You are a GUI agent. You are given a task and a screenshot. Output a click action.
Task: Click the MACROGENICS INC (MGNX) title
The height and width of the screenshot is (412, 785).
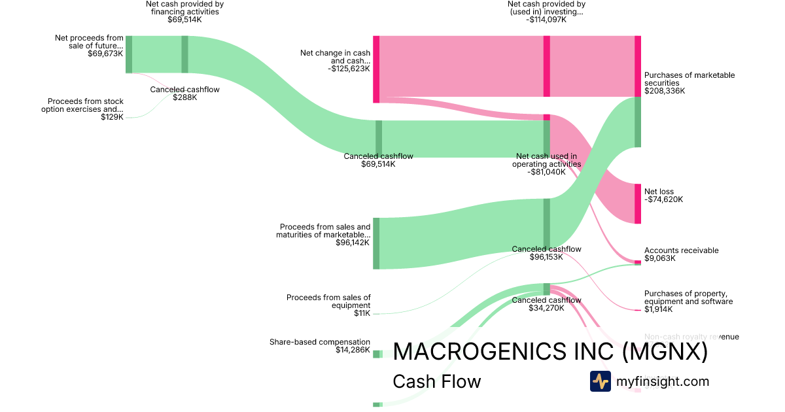coord(550,352)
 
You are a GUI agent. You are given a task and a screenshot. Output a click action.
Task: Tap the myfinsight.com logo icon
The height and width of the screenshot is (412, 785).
coord(600,381)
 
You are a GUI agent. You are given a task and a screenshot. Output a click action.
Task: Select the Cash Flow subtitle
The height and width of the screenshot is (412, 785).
coord(436,381)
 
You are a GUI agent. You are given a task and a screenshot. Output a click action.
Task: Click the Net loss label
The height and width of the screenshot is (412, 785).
coord(659,192)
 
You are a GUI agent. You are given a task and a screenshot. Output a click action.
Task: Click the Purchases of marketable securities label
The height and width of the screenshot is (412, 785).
coord(689,79)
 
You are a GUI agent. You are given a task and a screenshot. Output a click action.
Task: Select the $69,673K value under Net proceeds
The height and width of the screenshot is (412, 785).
coord(105,54)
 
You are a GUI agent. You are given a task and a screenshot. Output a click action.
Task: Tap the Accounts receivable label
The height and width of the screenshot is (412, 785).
coord(681,250)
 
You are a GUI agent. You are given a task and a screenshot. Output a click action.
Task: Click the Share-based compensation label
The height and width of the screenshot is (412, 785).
coord(320,342)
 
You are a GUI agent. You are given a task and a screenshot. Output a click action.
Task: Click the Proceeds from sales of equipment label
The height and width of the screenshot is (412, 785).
coord(328,301)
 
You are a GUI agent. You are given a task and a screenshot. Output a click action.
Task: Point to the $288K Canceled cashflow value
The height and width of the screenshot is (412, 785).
coord(184,97)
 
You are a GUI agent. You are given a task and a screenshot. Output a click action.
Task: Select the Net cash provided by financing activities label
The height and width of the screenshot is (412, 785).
coord(184,8)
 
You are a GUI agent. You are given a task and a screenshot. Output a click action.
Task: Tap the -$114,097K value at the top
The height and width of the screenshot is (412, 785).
coord(546,20)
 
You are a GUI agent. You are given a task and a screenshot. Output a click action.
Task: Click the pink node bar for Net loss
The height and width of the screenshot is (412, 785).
coord(638,204)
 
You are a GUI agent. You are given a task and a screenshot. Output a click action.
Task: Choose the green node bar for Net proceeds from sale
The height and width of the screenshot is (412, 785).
coord(129,54)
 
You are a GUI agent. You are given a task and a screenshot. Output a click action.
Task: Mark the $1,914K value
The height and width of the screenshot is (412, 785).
coord(658,309)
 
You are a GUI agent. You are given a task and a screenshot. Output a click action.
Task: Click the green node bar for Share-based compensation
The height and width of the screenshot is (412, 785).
coord(377,354)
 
